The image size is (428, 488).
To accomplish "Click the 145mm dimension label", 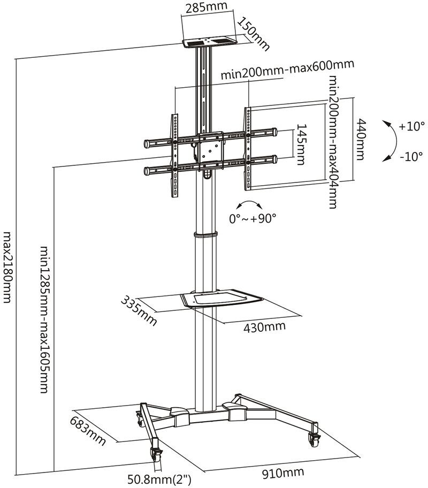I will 301,143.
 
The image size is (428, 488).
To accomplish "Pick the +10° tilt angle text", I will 411,127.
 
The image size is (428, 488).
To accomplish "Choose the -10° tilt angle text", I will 411,157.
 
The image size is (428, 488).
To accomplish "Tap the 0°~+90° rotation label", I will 253,218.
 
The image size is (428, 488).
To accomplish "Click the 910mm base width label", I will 283,472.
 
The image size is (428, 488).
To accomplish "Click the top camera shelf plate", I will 210,41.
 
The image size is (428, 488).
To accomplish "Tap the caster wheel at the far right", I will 313,440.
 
